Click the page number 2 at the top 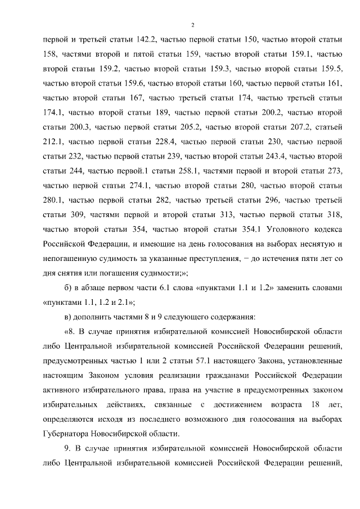(192, 25)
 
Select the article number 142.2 (146, 39)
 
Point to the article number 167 (133, 98)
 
